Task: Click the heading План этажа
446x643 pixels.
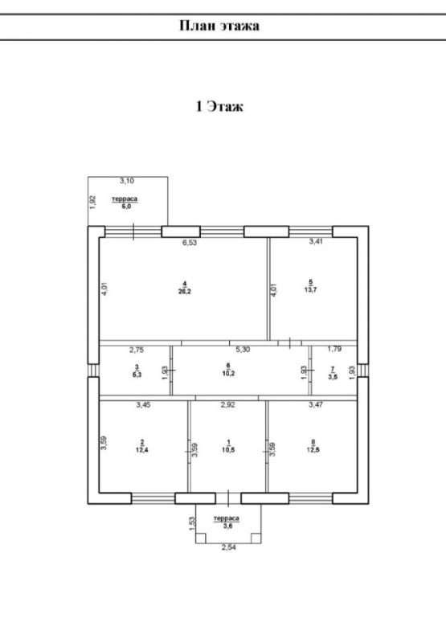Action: tap(219, 26)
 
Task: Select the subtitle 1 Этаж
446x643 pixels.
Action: tap(219, 106)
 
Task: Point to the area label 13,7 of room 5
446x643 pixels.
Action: tap(311, 289)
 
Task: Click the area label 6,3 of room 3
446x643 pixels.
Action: tap(137, 375)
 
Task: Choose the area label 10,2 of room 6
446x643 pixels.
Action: tap(228, 373)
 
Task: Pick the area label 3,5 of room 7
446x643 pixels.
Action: tap(333, 377)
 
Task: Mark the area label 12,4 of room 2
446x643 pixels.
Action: tap(141, 449)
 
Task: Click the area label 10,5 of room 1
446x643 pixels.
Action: tap(228, 449)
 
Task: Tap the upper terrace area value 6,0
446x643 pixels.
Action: tap(126, 207)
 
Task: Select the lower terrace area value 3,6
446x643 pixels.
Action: tap(227, 526)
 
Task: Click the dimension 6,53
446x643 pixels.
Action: tap(190, 243)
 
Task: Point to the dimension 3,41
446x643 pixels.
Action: tap(316, 242)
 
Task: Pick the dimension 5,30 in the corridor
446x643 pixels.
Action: tap(243, 350)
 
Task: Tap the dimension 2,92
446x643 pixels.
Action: tap(228, 405)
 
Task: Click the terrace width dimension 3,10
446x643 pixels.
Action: tap(127, 180)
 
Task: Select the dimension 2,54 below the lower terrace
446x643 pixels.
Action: tap(229, 547)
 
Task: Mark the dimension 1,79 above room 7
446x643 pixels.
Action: tap(334, 349)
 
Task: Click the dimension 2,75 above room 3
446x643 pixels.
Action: tap(137, 350)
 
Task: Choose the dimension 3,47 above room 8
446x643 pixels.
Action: tap(316, 405)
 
